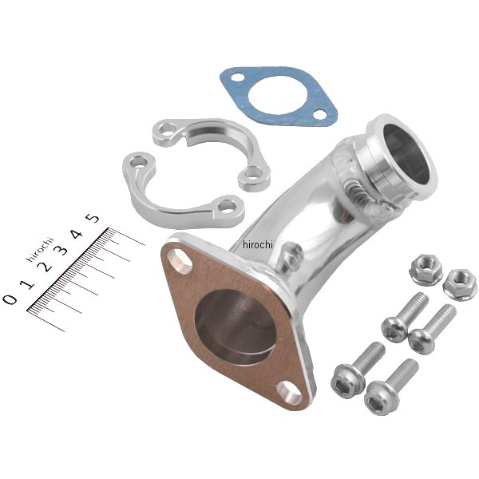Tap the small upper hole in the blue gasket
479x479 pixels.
[237, 77]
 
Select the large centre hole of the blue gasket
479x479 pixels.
[278, 97]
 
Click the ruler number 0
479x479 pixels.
[10, 299]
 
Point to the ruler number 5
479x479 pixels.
[93, 218]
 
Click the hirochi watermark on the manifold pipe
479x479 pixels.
[258, 244]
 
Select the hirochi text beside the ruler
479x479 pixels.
[40, 250]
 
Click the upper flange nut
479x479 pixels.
[426, 269]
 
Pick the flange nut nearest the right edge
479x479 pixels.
[460, 285]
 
